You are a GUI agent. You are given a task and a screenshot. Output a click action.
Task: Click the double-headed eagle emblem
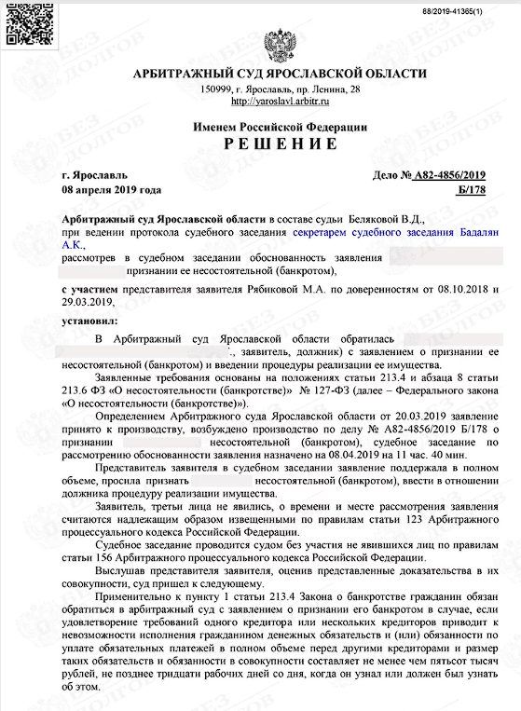[278, 42]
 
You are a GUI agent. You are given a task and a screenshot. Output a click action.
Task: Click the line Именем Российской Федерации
[277, 126]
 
